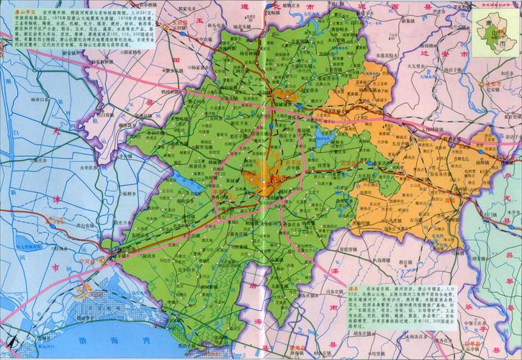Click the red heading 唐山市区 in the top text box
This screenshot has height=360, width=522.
pyautogui.click(x=16, y=14)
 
